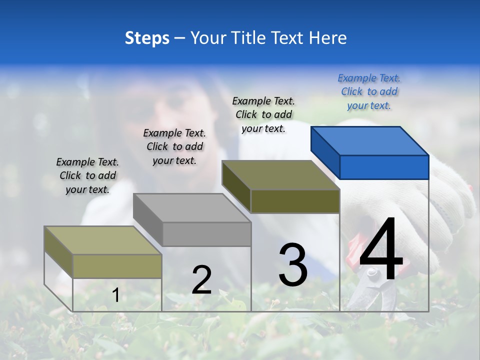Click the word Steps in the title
[147, 38]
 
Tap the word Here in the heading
[328, 38]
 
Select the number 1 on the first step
[115, 295]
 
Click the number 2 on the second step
[201, 280]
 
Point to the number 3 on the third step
[292, 265]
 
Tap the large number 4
[381, 250]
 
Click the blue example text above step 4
[369, 91]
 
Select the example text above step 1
[87, 175]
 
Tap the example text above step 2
[174, 146]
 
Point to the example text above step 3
[263, 114]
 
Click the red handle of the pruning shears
[354, 250]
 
